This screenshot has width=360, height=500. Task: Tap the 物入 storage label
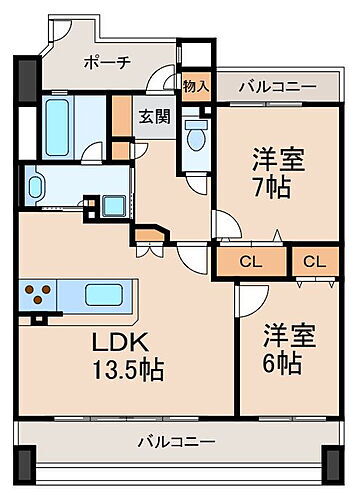point(196,87)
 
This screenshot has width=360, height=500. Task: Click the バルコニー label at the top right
point(277,87)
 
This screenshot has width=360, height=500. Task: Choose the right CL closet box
point(314,262)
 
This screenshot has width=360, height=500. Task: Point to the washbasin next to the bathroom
point(37,186)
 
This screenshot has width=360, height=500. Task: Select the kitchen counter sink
point(103,296)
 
